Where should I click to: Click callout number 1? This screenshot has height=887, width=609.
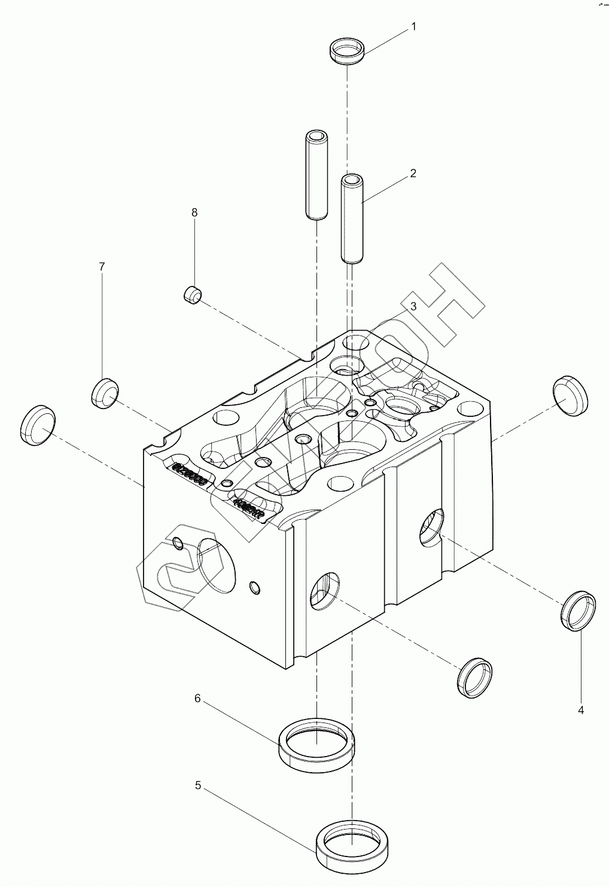point(413,26)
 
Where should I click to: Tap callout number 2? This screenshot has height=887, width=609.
point(413,173)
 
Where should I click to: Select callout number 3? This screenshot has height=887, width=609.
point(413,306)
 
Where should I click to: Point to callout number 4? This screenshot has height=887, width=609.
point(580,710)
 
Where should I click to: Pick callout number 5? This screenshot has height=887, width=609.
point(198,785)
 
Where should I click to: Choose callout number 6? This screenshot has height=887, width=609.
point(197,698)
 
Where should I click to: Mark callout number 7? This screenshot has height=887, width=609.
point(102,266)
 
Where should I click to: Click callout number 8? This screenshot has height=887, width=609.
point(194,212)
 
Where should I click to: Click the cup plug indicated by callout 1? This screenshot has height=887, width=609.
point(347,48)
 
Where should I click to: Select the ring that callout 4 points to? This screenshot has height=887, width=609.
point(579,610)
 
